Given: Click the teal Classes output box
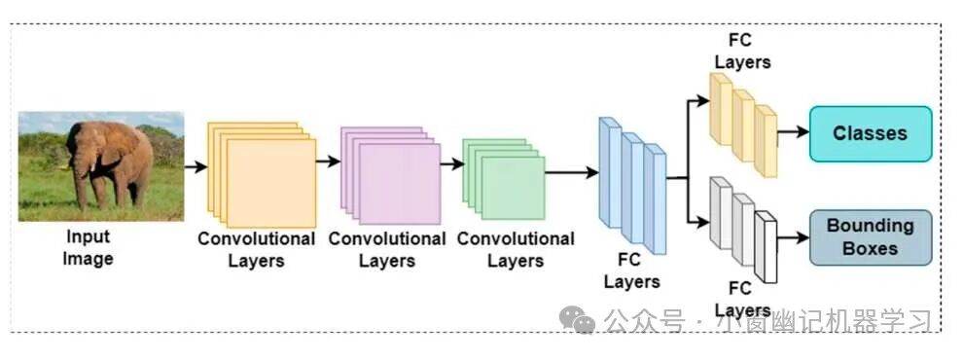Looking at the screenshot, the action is pos(871,134).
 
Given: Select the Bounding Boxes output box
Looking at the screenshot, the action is pos(871,237).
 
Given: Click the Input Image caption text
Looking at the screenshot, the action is pos(88,247).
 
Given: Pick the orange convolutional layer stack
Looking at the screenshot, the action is pos(262,174).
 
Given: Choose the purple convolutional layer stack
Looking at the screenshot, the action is pos(391,176).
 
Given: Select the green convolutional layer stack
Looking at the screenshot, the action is pos(504,179).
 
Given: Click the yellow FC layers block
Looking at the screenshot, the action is pos(743,125).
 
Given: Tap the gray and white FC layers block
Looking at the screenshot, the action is pos(743,230).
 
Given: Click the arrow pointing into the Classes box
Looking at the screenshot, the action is pos(794,131).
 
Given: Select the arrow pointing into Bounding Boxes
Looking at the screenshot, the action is pos(794,237).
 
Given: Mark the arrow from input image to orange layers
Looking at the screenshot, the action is pos(196,166).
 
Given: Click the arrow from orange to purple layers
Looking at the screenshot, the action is pos(329,162).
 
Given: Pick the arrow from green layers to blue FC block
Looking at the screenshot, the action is pos(572,172).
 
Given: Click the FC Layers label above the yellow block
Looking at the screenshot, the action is pos(743,51).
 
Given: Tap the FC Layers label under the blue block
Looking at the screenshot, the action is pos(631,270).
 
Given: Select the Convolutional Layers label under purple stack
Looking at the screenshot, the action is pos(387,249).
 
